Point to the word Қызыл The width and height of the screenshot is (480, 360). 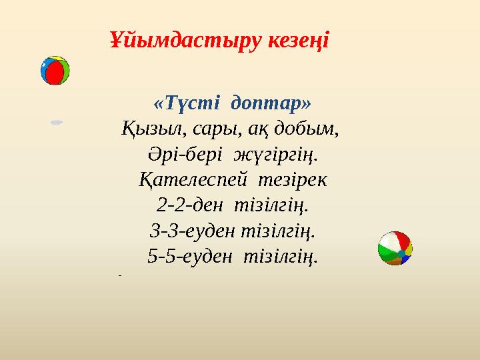pos(151,129)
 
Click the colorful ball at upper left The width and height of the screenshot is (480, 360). pos(55,71)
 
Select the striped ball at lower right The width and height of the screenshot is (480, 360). pos(395,248)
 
